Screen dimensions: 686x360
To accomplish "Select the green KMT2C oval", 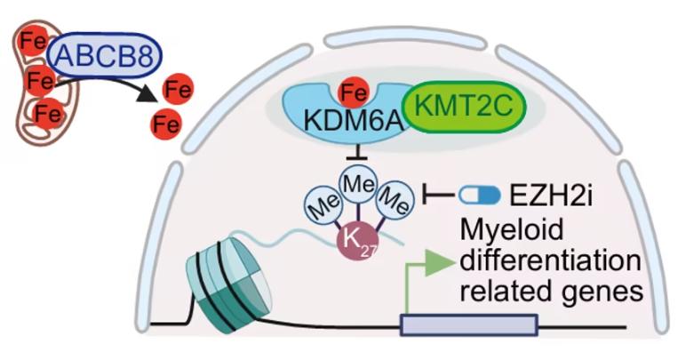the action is pos(464,107).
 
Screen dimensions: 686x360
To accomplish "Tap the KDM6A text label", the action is pos(353,121).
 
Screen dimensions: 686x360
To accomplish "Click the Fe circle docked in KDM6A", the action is pos(354,92).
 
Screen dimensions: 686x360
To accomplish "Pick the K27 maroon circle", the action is pos(357,242).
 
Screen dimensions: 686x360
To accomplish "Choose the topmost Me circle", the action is pos(359,184).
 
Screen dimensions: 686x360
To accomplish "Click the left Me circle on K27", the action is pos(324,204).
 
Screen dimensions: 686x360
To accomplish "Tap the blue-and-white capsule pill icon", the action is pos(480,195).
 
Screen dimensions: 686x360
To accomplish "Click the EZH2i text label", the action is pos(551,196).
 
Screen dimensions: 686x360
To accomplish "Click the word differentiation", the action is pos(550,261).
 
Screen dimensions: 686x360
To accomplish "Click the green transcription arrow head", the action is pos(439,263).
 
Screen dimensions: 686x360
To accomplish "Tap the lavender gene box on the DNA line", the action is pos(469,324).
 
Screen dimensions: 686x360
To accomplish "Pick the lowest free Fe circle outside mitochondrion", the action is pos(166,124).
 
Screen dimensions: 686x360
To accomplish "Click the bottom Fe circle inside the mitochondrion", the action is pos(47,114).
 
